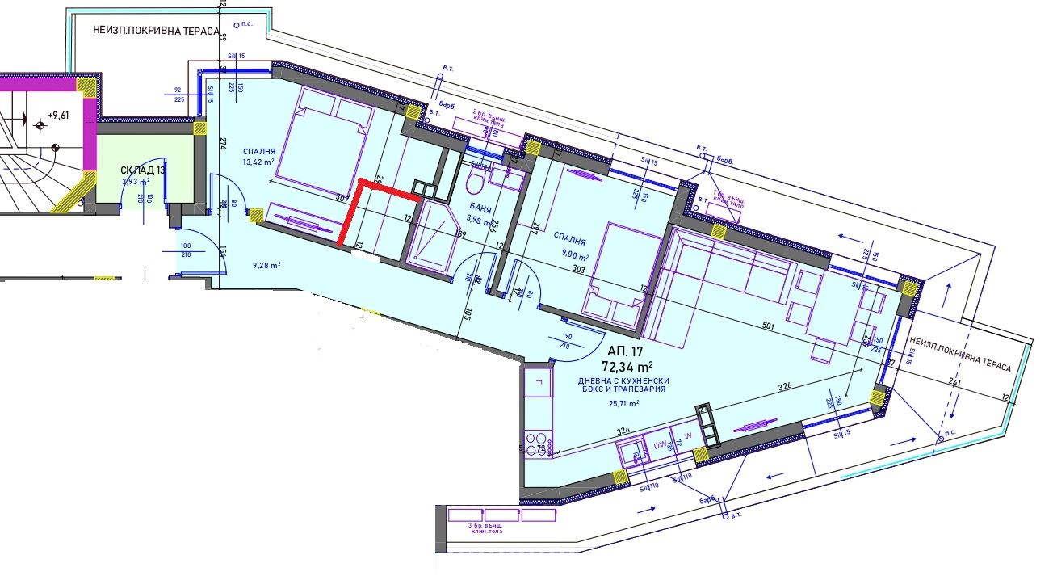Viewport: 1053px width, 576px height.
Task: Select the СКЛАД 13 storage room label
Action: tap(143, 170)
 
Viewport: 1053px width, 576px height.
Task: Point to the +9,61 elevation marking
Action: tap(58, 116)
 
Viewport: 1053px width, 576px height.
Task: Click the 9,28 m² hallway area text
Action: tap(266, 264)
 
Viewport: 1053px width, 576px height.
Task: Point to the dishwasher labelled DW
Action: tap(657, 444)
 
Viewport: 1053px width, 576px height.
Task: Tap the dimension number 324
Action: tap(622, 431)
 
